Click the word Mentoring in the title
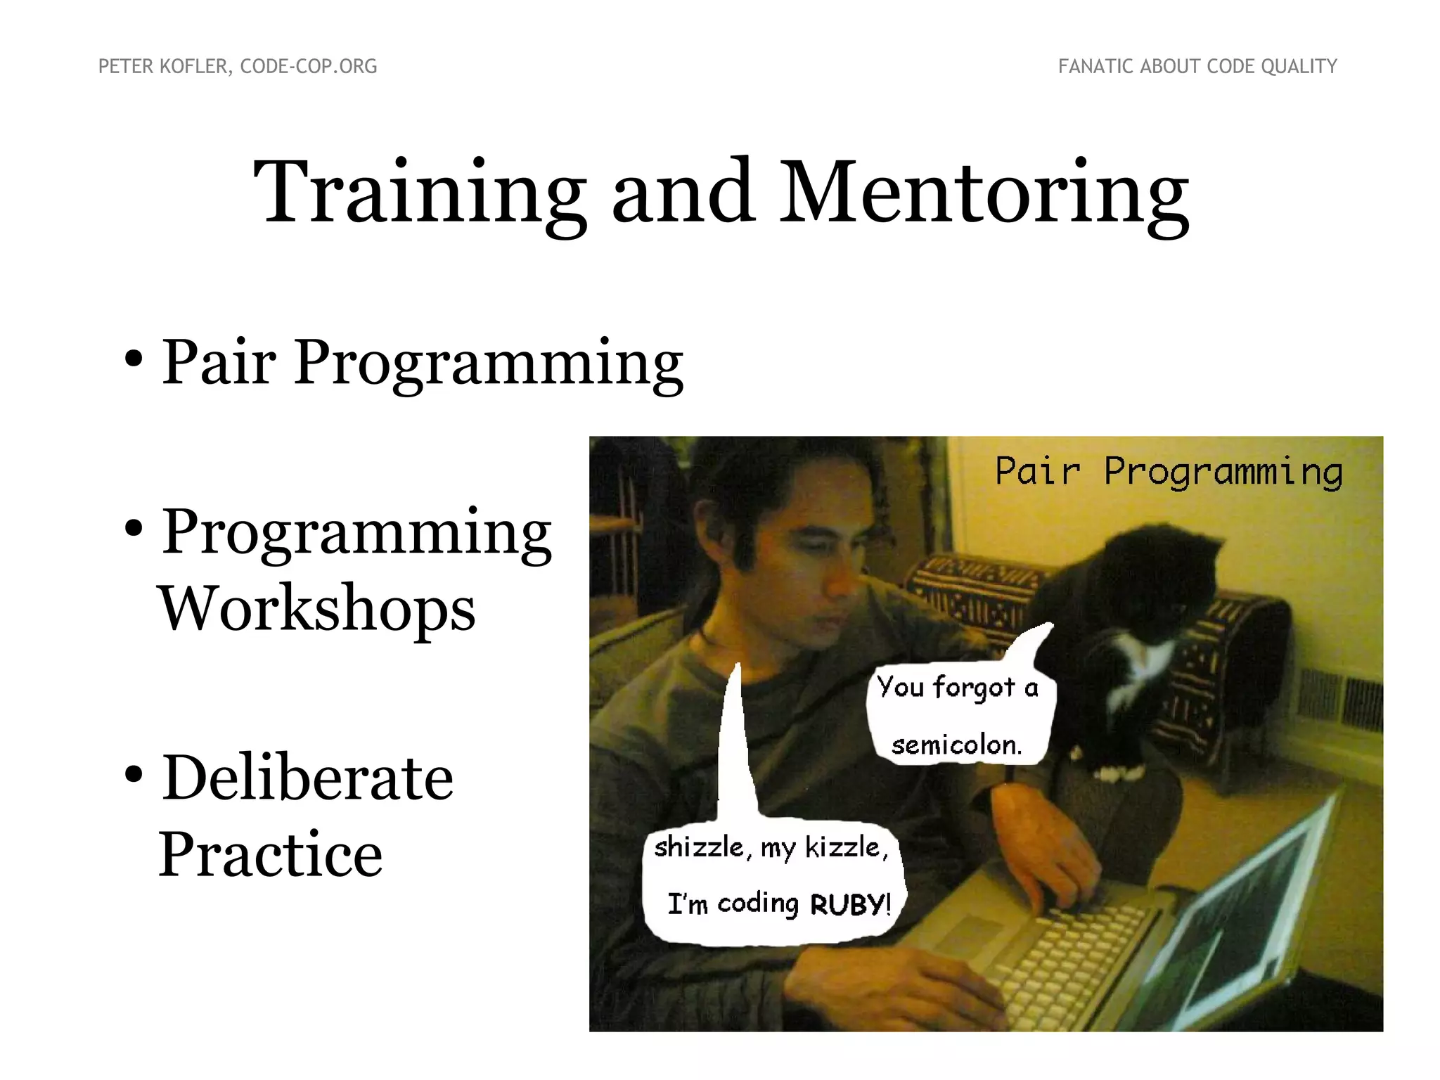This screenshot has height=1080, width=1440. click(984, 193)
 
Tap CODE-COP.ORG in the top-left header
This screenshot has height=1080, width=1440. click(309, 67)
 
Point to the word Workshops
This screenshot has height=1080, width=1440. click(317, 609)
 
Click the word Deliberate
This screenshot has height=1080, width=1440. click(308, 778)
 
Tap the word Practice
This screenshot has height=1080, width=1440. click(271, 854)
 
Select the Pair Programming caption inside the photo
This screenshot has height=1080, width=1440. click(1169, 471)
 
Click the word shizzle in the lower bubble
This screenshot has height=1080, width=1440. click(697, 847)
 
